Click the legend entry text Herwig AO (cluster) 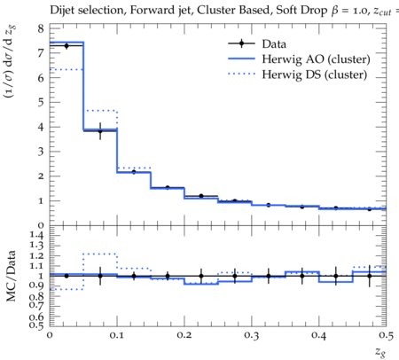point(316,59)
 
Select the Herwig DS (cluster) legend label point(315,74)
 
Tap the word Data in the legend point(274,44)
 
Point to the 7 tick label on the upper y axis point(41,53)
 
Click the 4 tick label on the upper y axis point(41,127)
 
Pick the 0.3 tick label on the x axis point(252,335)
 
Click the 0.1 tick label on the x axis point(117,335)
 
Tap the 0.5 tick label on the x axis point(386,335)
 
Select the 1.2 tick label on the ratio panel point(36,255)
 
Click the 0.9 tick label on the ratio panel point(36,286)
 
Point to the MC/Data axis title point(11,276)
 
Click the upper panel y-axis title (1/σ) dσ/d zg point(10,62)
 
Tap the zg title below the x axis point(380,352)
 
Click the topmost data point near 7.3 point(66,46)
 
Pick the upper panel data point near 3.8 point(100,131)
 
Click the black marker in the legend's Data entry point(241,43)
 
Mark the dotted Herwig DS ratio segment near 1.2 point(100,254)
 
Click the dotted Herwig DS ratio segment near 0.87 point(66,289)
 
